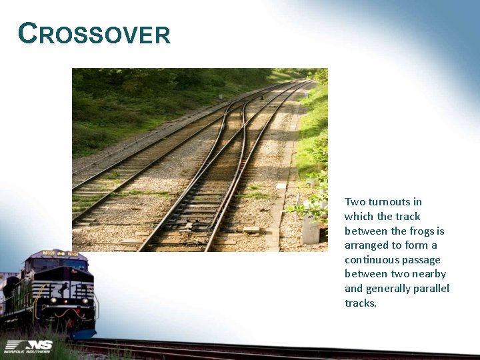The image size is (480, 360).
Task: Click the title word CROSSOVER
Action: point(95,33)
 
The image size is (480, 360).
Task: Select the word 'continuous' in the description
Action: point(369,260)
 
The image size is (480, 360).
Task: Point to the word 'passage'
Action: point(422,260)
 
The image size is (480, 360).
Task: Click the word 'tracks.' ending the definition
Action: point(361,303)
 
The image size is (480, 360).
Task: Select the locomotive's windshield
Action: point(67,265)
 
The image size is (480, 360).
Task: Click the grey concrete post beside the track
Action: point(311,229)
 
